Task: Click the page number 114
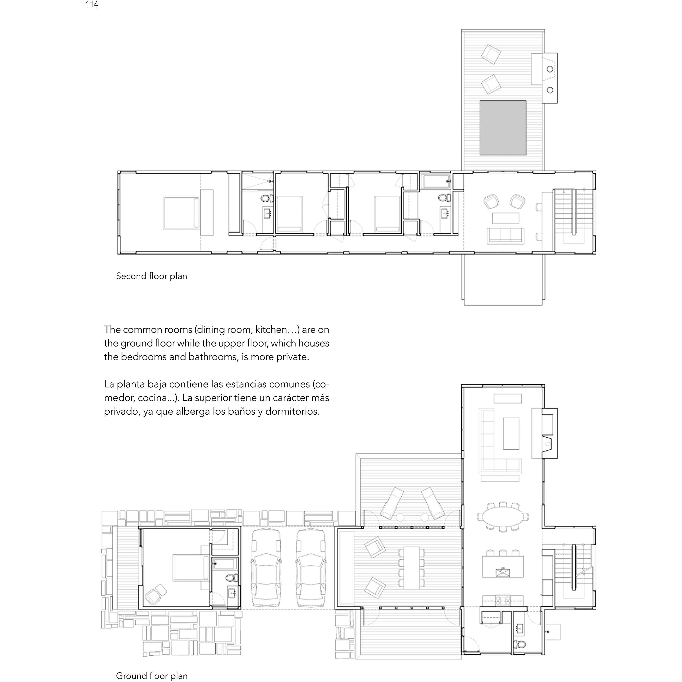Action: [x=92, y=5]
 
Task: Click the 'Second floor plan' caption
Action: [x=151, y=276]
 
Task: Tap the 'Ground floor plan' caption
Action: [x=152, y=676]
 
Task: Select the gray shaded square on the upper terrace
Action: [x=503, y=128]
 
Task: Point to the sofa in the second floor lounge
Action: [x=506, y=236]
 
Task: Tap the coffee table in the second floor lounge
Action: [x=506, y=218]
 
